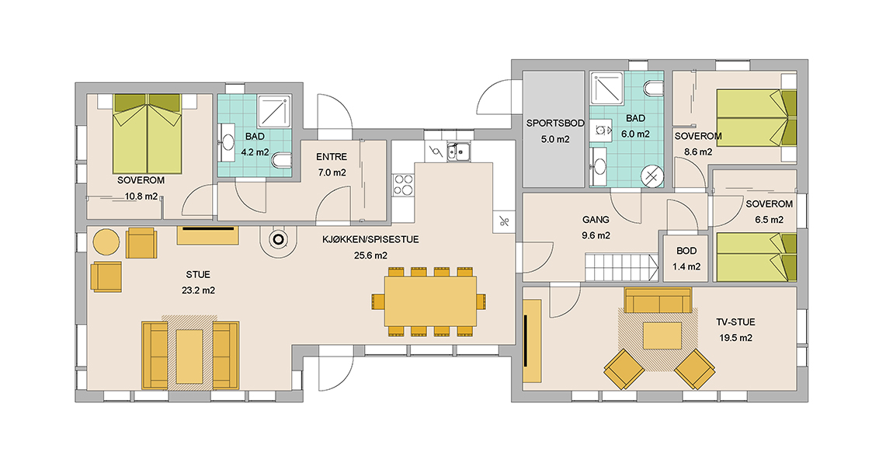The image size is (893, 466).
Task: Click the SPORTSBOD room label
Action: click(555, 123)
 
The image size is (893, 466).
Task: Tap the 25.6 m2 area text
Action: click(370, 256)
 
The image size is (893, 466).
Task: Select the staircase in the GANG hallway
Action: click(622, 267)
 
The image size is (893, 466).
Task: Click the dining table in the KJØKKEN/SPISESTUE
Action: click(430, 301)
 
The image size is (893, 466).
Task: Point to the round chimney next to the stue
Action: click(279, 240)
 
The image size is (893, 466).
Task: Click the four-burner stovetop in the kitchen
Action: click(403, 185)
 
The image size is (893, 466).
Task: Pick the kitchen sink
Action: click(458, 151)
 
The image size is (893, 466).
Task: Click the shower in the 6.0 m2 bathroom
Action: click(606, 88)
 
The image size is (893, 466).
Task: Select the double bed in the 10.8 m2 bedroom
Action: click(148, 134)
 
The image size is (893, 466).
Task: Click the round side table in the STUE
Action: click(106, 242)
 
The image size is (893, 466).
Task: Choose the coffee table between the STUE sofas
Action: click(189, 356)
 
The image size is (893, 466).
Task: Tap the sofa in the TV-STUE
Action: click(658, 301)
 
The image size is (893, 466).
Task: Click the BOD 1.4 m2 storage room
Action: click(686, 258)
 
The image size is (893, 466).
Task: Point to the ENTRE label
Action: click(332, 157)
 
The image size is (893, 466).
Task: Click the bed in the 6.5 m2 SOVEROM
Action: click(756, 257)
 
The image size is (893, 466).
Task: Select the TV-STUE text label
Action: click(736, 322)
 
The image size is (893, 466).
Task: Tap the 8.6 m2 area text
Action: click(698, 152)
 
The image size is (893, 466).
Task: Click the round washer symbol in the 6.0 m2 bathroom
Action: click(652, 176)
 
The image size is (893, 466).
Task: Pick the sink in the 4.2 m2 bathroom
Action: click(228, 141)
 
